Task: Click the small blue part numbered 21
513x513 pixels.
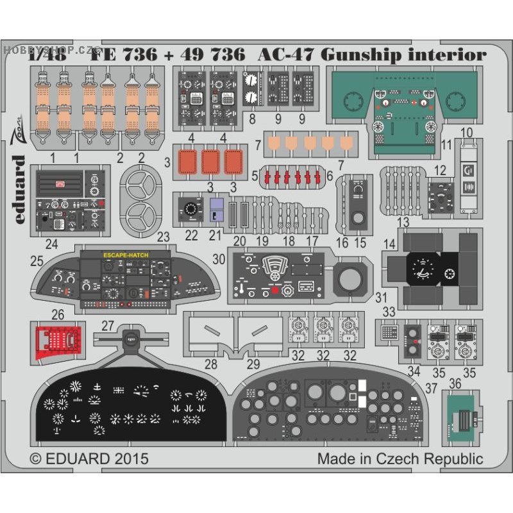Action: click(216, 210)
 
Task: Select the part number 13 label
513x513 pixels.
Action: click(403, 222)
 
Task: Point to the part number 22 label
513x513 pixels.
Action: click(190, 235)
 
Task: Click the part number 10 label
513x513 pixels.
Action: click(466, 133)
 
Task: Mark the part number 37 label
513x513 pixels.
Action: click(432, 387)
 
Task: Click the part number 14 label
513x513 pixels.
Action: click(390, 244)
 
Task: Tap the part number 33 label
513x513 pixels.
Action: click(388, 312)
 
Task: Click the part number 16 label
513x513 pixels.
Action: click(342, 242)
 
